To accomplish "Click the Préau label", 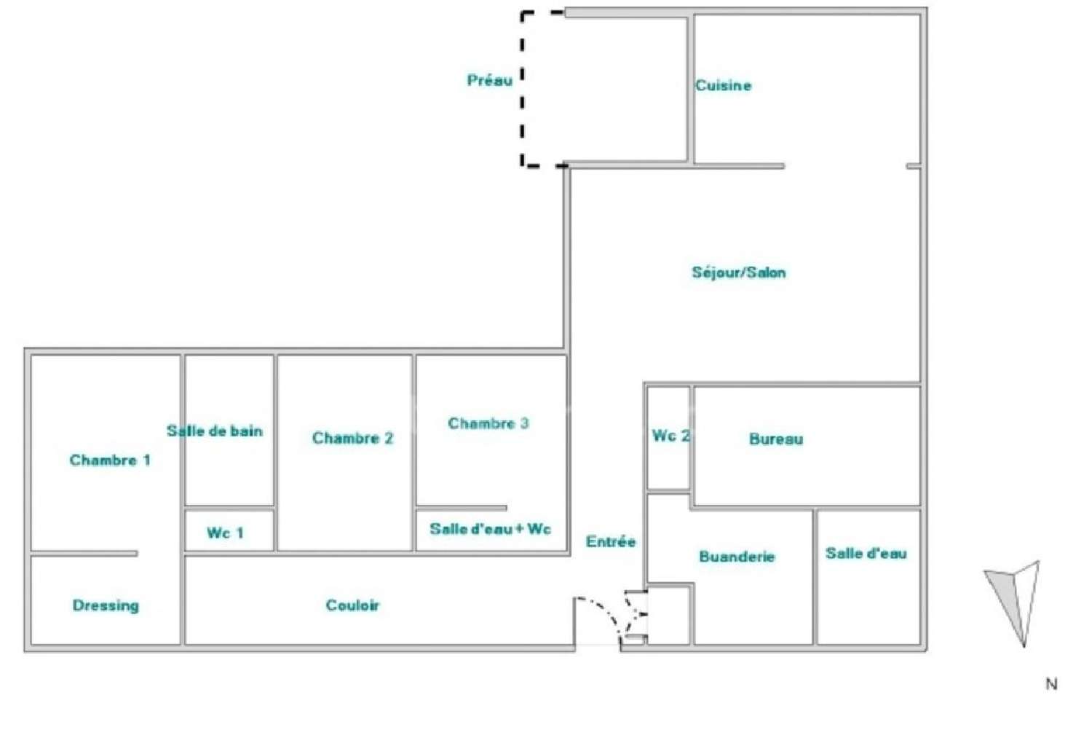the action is pyautogui.click(x=489, y=80).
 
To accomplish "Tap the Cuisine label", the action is pyautogui.click(x=723, y=85).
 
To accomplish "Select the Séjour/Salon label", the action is pyautogui.click(x=739, y=272).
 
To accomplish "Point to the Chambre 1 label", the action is pyautogui.click(x=110, y=460).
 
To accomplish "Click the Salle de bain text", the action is pyautogui.click(x=215, y=431).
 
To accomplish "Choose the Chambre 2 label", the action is pyautogui.click(x=352, y=438).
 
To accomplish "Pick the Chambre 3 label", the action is pyautogui.click(x=488, y=423).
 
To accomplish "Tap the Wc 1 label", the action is pyautogui.click(x=225, y=533).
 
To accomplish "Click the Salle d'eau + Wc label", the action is pyautogui.click(x=490, y=529).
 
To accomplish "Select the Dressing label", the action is pyautogui.click(x=106, y=605).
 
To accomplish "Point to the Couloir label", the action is pyautogui.click(x=352, y=605).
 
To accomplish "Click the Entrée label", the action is pyautogui.click(x=610, y=541).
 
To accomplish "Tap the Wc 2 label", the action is pyautogui.click(x=670, y=436).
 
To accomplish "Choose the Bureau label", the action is pyautogui.click(x=776, y=439).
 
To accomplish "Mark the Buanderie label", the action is pyautogui.click(x=737, y=557).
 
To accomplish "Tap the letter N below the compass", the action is pyautogui.click(x=1051, y=684).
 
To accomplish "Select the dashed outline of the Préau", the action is pyautogui.click(x=522, y=88).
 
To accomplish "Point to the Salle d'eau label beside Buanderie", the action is pyautogui.click(x=866, y=553).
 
